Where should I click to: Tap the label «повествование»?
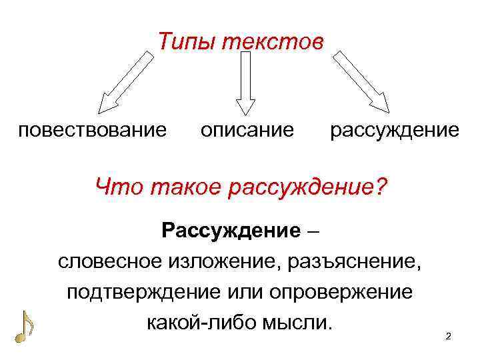pyautogui.click(x=93, y=129)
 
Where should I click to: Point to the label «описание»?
pyautogui.click(x=247, y=129)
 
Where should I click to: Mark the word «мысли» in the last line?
pyautogui.click(x=297, y=323)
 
